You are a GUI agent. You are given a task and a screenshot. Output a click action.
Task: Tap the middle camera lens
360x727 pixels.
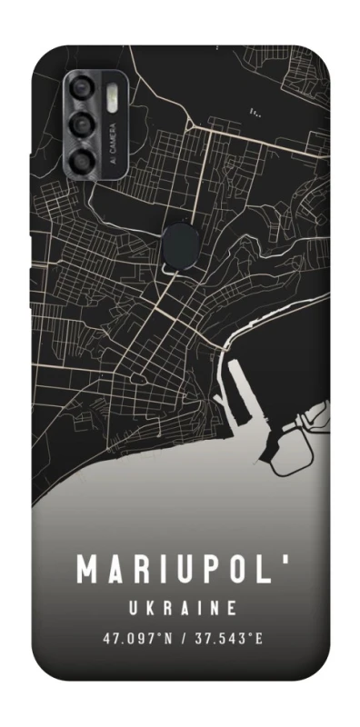pyautogui.click(x=83, y=125)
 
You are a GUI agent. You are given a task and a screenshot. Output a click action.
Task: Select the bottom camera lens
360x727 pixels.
pyautogui.click(x=83, y=161)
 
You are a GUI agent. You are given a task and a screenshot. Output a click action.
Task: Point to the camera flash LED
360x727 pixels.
pyautogui.click(x=114, y=94)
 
